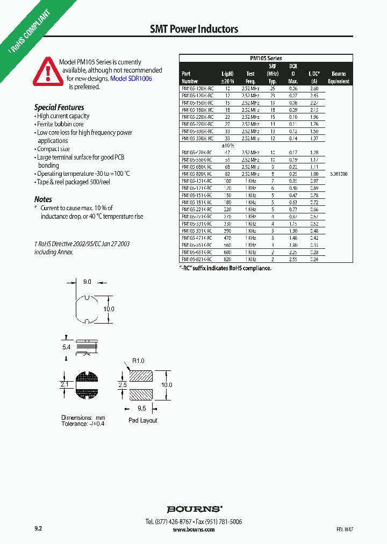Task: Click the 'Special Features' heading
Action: coord(59,107)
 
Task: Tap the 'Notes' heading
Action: coord(43,199)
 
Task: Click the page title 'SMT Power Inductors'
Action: coord(193,29)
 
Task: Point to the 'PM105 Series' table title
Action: coord(266,58)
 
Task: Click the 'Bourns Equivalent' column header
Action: coord(339,77)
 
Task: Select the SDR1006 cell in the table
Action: coord(339,174)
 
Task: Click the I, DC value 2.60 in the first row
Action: coord(314,88)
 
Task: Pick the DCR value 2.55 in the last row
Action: coord(293,259)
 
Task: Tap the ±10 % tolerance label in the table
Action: coord(228,145)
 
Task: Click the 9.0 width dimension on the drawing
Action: coord(88,281)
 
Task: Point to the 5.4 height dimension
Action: coord(66,348)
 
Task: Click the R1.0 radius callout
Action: coord(138,361)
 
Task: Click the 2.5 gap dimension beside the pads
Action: coord(122,385)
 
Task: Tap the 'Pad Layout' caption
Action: coord(143,420)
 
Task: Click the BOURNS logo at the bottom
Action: coord(194,509)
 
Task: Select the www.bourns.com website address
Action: coord(193,529)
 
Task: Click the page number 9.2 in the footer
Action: coord(38,529)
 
